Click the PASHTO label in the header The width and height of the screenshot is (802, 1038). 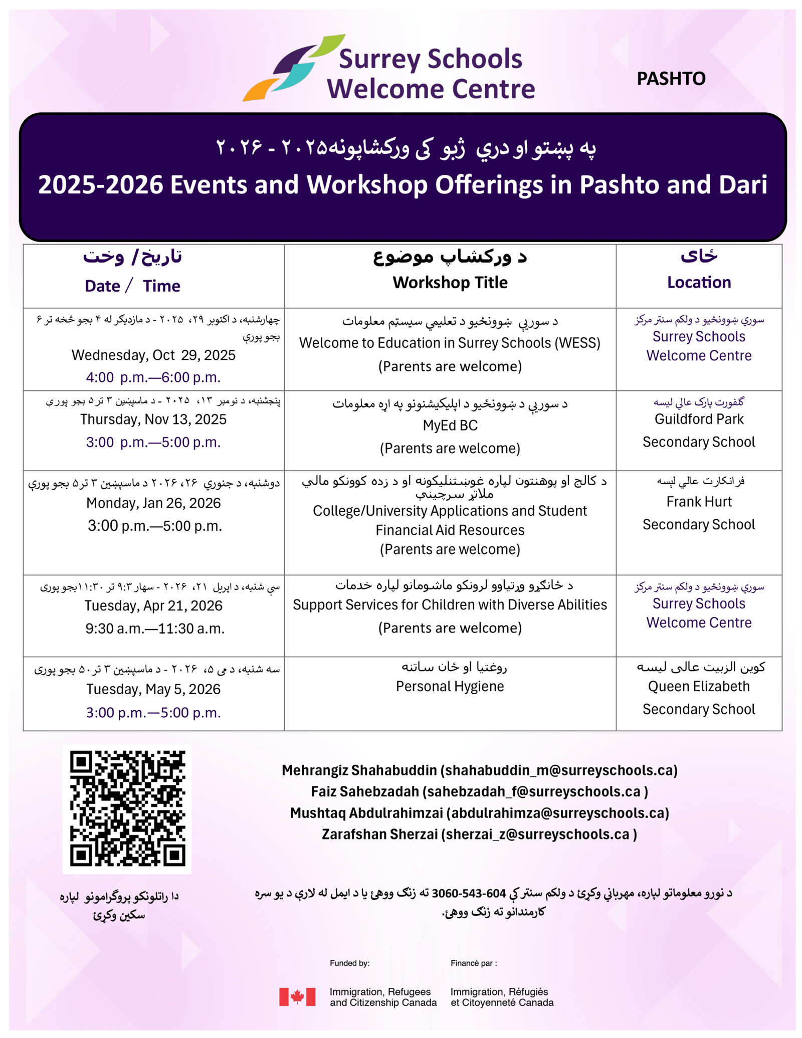click(x=671, y=79)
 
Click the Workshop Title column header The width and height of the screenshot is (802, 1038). click(x=450, y=283)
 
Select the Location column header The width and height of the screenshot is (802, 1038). click(x=698, y=283)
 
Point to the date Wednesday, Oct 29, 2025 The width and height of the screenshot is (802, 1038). click(x=153, y=355)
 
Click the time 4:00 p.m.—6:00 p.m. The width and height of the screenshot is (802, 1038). click(x=153, y=377)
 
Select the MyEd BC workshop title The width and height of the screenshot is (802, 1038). click(x=450, y=426)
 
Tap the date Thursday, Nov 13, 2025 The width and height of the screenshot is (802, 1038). click(x=153, y=420)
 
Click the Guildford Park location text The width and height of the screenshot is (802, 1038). click(x=698, y=420)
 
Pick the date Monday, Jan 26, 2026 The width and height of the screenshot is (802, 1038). click(x=153, y=503)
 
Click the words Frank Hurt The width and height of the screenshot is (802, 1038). click(x=698, y=502)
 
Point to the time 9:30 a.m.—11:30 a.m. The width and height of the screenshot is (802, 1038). click(x=155, y=629)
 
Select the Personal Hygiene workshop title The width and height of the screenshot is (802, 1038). click(x=450, y=687)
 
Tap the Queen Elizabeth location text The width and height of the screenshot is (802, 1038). click(x=698, y=687)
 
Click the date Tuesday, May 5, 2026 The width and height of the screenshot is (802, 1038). click(x=153, y=690)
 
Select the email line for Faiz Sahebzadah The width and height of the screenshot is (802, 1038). click(x=479, y=791)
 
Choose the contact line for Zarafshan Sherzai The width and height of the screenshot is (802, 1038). click(x=479, y=834)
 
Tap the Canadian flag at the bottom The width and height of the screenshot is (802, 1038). click(x=297, y=997)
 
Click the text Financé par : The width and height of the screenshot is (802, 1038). click(x=473, y=963)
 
